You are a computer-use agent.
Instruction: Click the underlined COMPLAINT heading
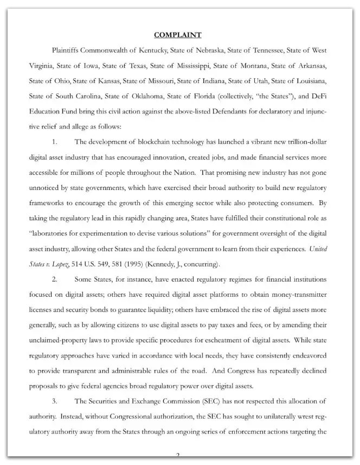178,35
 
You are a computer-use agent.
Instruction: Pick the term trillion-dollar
303,142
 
